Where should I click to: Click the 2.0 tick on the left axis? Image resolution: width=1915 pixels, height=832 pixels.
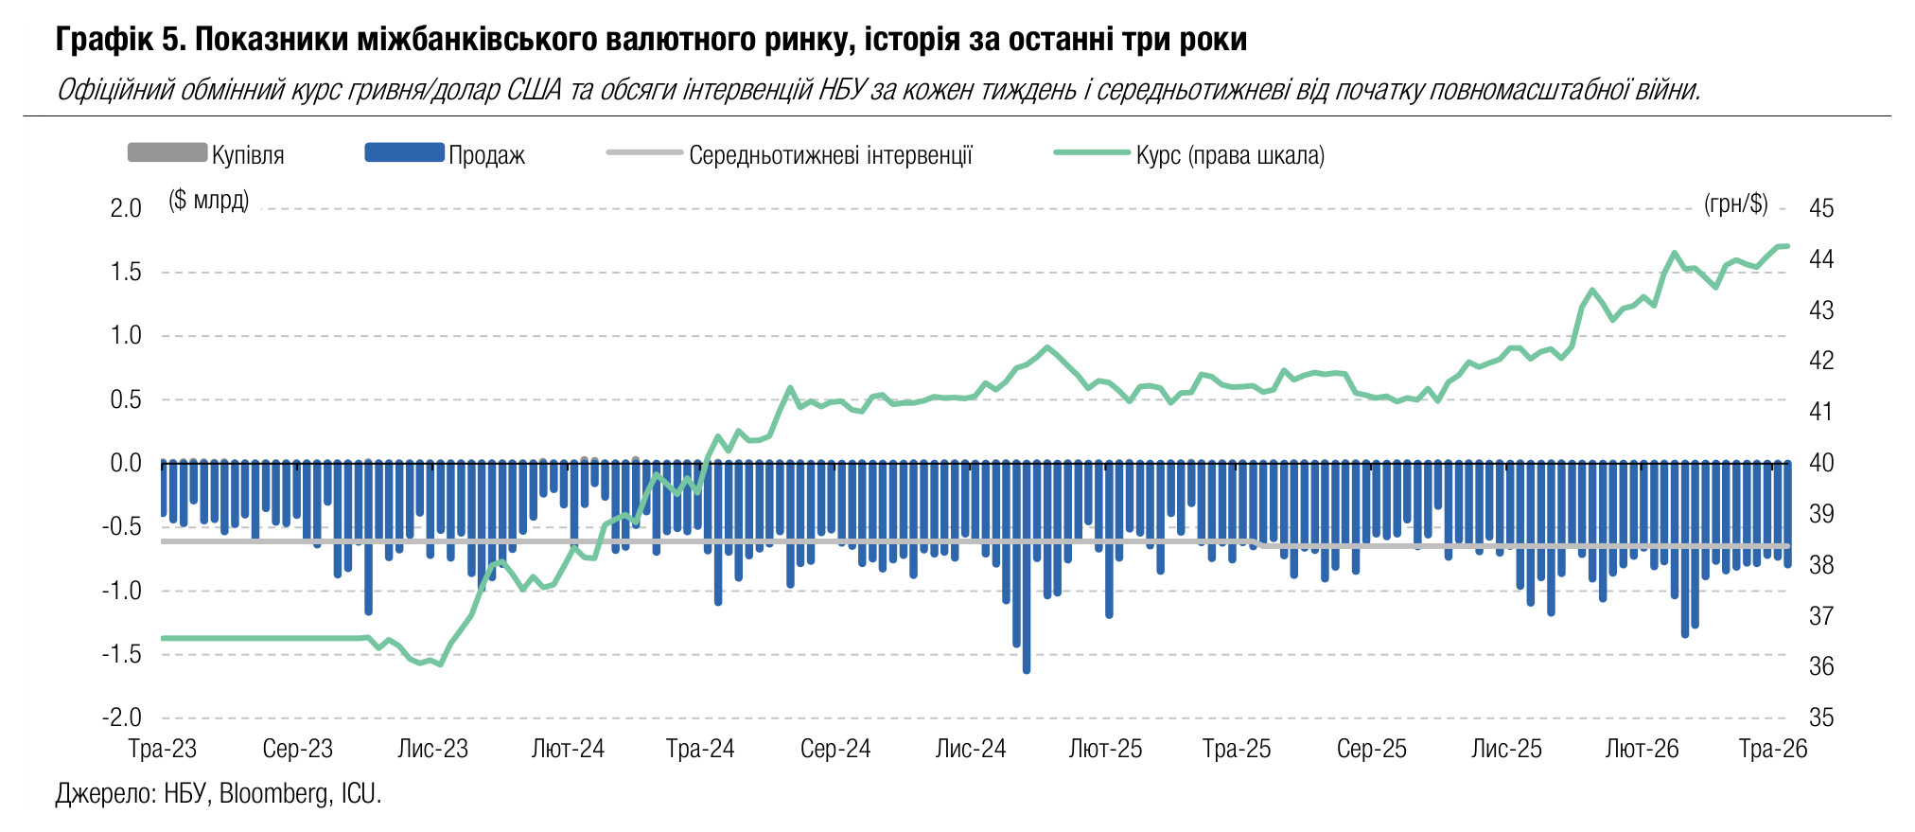click(x=126, y=208)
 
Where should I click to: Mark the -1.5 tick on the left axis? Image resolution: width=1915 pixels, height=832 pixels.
click(x=122, y=654)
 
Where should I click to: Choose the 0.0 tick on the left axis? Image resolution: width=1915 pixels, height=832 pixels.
click(x=126, y=463)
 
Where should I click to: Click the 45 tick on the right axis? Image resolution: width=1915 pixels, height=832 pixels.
click(x=1821, y=208)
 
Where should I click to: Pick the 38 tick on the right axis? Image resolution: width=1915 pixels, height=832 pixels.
click(x=1821, y=565)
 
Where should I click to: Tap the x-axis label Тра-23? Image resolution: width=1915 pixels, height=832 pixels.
click(x=163, y=749)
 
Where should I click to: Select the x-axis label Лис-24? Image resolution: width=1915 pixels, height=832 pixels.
click(x=971, y=749)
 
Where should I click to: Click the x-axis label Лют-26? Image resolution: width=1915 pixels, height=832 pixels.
click(x=1643, y=749)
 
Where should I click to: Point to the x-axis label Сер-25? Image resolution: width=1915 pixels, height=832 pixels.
click(x=1372, y=749)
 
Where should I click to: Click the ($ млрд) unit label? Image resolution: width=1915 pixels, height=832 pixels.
click(x=209, y=201)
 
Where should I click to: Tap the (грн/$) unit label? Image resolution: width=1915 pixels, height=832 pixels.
click(x=1735, y=204)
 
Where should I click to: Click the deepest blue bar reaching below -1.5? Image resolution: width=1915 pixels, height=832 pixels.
click(x=1027, y=567)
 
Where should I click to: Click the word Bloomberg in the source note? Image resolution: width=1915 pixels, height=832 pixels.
click(x=274, y=793)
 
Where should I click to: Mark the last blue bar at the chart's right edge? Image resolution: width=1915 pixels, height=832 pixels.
click(x=1787, y=514)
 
